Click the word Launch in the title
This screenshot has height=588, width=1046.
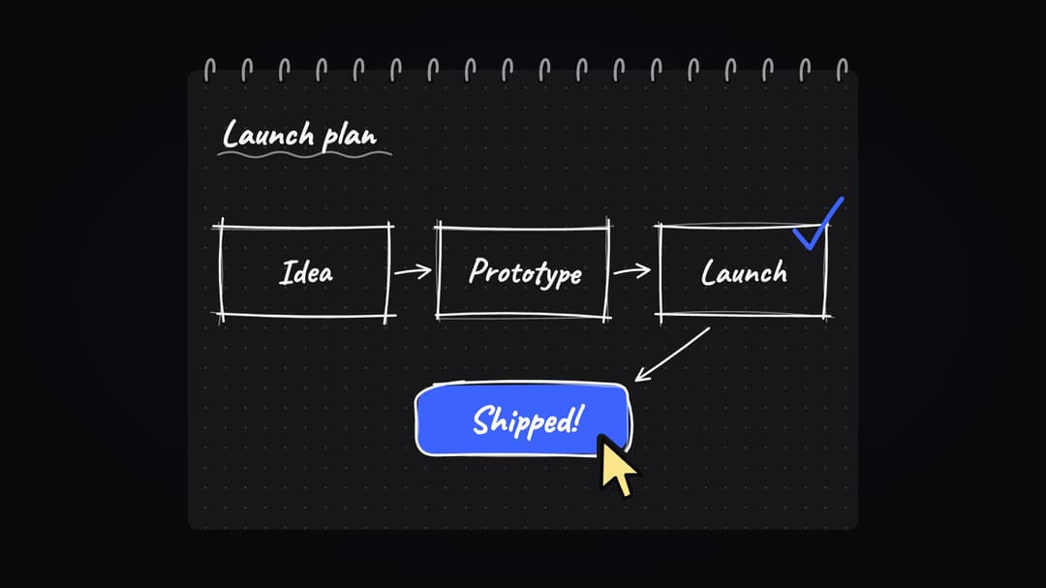point(268,134)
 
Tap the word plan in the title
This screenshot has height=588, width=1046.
point(351,138)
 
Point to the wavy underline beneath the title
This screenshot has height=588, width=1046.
point(304,155)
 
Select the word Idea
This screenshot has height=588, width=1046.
point(306,272)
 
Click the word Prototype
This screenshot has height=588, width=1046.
point(525,273)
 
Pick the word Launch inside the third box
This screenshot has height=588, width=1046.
point(744,272)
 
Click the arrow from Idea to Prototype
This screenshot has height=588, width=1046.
point(413,271)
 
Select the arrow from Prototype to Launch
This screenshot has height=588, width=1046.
point(631,270)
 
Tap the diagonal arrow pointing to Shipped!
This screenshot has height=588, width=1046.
point(672,355)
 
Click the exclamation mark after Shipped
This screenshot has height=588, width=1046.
point(577,419)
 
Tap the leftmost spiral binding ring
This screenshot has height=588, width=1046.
point(209,70)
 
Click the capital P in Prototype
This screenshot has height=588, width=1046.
point(479,271)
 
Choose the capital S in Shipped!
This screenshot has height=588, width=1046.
point(483,420)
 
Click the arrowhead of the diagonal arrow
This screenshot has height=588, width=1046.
point(642,375)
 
